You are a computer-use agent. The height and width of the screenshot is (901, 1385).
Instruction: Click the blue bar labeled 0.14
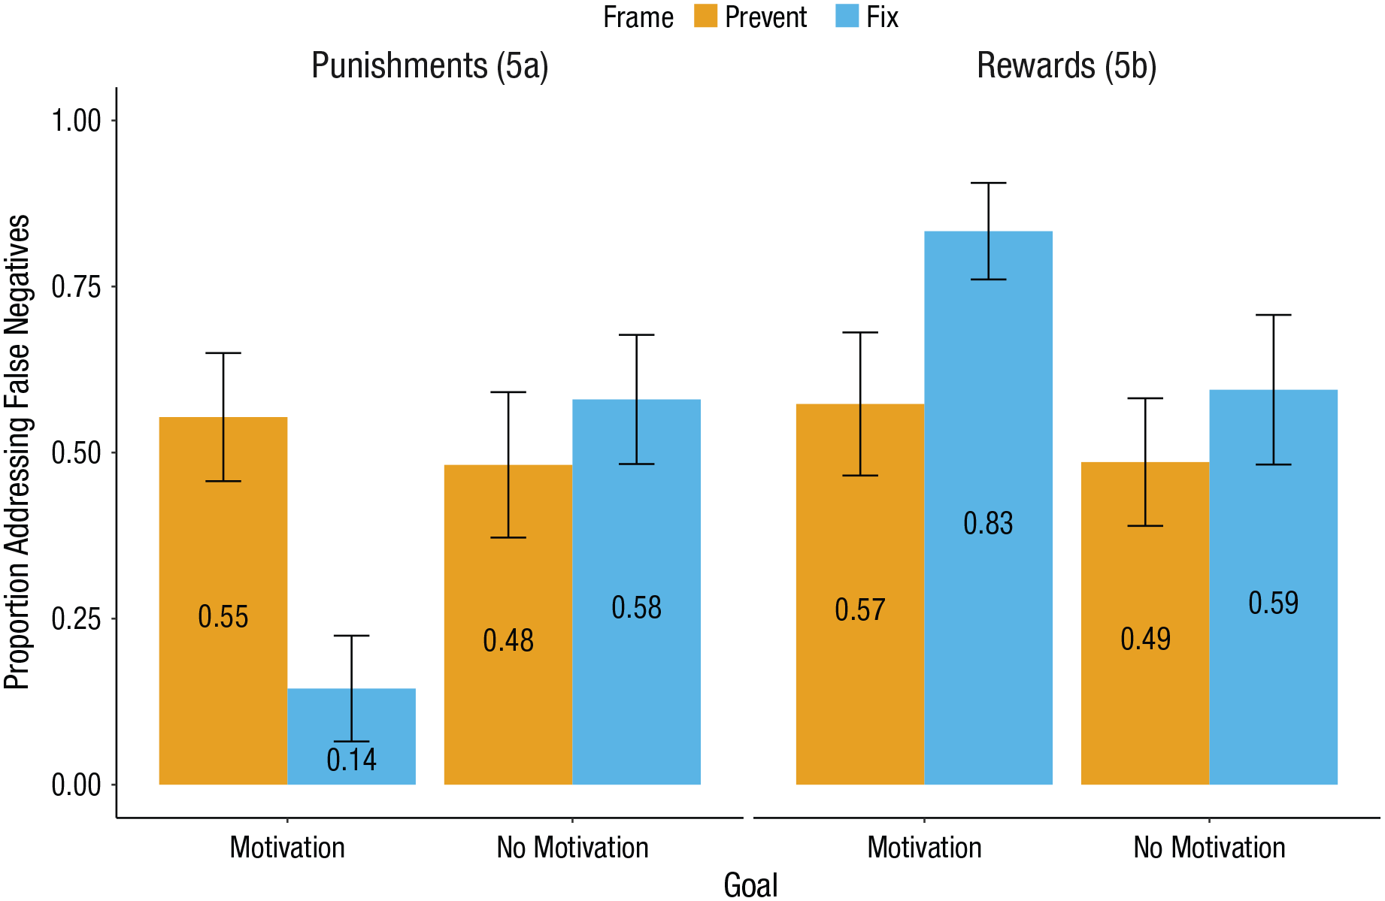(351, 736)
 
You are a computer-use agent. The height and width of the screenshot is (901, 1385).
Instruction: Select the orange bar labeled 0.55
(223, 600)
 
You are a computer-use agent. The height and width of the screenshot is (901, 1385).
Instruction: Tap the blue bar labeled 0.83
(988, 508)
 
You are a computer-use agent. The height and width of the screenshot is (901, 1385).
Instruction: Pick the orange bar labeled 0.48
(508, 625)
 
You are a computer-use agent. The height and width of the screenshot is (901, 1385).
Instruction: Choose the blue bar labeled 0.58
(637, 592)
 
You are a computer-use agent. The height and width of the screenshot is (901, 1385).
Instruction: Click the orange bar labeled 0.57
(860, 594)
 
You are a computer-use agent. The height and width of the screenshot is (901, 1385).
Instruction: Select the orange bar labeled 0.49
(1145, 624)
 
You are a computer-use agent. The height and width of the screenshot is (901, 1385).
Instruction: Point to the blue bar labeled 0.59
(1274, 588)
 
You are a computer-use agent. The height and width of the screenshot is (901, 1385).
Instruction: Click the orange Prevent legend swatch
(706, 16)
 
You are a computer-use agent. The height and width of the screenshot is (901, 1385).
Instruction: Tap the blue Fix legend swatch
(847, 16)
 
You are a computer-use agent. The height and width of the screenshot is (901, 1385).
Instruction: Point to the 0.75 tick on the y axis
(112, 286)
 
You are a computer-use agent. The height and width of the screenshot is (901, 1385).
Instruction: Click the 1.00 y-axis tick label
(76, 120)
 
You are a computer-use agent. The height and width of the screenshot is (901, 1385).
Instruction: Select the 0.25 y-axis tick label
(76, 618)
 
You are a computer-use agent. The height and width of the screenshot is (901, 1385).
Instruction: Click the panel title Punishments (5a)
(430, 65)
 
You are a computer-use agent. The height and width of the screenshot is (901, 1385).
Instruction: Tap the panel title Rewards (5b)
(1066, 65)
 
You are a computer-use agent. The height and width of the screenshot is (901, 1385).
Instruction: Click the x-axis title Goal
(750, 884)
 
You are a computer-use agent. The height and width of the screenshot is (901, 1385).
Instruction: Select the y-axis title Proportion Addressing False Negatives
(17, 452)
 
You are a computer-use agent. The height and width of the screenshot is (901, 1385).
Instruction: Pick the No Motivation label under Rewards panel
(1209, 848)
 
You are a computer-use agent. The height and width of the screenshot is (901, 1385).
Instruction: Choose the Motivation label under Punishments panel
(287, 848)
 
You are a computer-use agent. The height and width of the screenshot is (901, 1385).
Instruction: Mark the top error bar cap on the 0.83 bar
(988, 183)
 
